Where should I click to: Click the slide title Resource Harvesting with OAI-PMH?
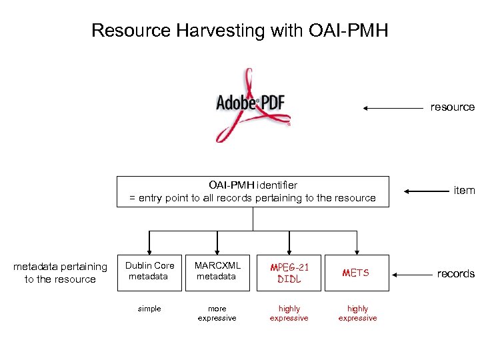click(x=239, y=31)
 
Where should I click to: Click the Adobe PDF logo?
click(x=252, y=104)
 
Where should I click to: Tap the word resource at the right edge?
click(x=452, y=107)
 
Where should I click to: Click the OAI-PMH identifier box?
click(x=252, y=191)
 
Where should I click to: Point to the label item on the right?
click(x=463, y=191)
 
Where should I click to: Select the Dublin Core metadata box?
click(x=149, y=271)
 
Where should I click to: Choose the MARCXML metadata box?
click(x=217, y=271)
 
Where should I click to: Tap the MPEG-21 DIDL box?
click(x=289, y=273)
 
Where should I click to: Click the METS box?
click(x=357, y=273)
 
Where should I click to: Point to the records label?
click(x=455, y=274)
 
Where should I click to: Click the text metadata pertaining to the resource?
click(x=60, y=273)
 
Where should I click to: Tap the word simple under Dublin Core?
click(x=149, y=309)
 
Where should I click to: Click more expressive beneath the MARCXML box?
click(x=217, y=313)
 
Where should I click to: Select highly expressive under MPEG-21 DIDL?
click(x=289, y=313)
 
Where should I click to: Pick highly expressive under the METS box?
click(x=357, y=313)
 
